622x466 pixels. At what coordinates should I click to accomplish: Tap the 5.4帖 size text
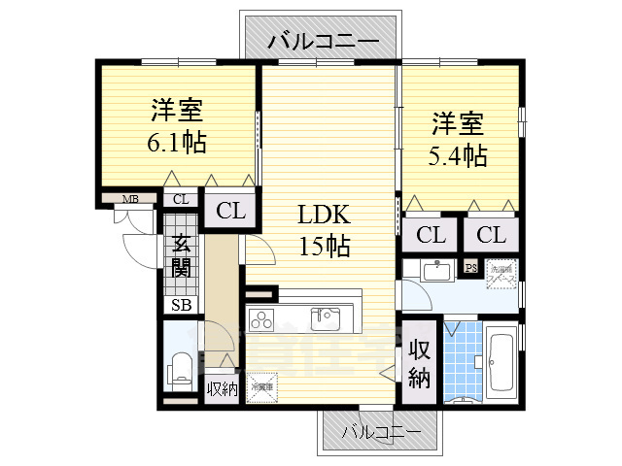click(458, 154)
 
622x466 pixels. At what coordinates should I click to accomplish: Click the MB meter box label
click(129, 200)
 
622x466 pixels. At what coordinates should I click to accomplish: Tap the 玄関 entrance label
click(181, 256)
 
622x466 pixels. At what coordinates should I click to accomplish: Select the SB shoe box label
click(181, 305)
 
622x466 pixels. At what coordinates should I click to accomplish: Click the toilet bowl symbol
click(181, 370)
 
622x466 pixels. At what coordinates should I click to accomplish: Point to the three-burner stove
click(263, 317)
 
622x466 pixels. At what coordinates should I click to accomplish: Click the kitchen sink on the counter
click(326, 317)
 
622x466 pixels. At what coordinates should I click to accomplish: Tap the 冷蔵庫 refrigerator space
click(260, 387)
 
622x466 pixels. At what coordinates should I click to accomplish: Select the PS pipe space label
click(470, 268)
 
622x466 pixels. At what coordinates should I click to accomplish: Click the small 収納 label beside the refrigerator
click(223, 389)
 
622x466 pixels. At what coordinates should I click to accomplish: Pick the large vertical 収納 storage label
click(419, 363)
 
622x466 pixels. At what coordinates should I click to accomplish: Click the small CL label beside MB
click(180, 200)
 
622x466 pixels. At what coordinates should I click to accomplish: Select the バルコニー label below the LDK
click(381, 429)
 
